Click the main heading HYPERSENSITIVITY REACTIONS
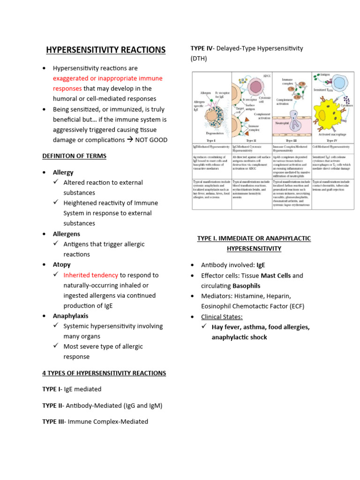point(105,50)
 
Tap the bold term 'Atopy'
point(62,265)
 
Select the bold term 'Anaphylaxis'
point(70,316)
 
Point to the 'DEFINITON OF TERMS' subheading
point(75,156)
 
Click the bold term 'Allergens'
point(67,234)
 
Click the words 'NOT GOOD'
point(151,140)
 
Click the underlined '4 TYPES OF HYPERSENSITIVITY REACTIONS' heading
point(104,373)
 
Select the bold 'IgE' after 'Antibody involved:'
point(261,265)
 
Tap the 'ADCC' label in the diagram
point(267,75)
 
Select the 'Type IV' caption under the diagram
point(332,140)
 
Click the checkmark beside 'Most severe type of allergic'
point(56,346)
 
